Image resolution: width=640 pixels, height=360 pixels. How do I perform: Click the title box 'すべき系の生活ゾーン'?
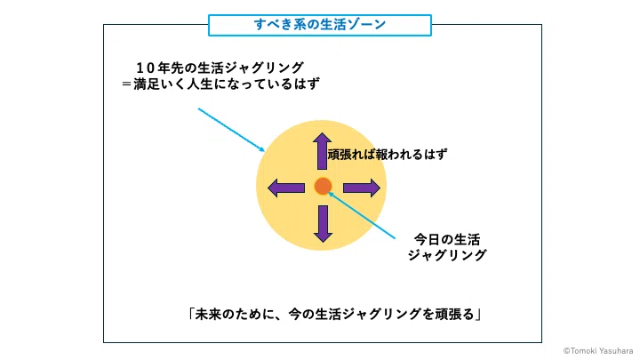click(x=320, y=25)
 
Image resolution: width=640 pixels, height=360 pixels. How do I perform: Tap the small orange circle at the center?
click(x=323, y=186)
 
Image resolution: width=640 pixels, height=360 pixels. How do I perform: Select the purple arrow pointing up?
click(x=322, y=151)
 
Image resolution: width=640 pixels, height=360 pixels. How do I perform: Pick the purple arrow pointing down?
click(x=323, y=224)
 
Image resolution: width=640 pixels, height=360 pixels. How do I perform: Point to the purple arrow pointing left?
click(x=286, y=188)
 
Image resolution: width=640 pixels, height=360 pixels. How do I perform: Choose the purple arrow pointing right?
click(x=362, y=188)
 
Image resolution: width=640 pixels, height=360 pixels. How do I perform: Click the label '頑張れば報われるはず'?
click(x=387, y=155)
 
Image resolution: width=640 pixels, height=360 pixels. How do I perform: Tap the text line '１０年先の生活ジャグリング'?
click(x=220, y=68)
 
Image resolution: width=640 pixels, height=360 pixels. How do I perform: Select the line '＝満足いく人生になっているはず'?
click(x=220, y=84)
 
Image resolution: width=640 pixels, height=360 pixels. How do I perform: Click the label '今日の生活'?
click(x=447, y=239)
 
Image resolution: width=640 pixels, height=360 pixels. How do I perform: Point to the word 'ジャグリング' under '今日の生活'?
click(x=447, y=255)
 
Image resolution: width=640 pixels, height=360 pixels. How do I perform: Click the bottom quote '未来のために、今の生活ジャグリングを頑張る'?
click(x=334, y=314)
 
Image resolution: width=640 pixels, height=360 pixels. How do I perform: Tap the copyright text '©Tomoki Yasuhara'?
click(x=598, y=350)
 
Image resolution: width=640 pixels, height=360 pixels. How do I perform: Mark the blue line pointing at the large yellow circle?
click(x=231, y=130)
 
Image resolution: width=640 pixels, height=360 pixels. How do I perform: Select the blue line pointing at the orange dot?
click(x=362, y=215)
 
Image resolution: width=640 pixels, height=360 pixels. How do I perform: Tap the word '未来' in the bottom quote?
click(x=209, y=314)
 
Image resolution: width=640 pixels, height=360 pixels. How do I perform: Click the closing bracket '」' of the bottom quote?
click(x=479, y=314)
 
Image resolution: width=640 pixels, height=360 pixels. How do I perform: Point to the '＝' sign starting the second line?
click(x=127, y=84)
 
